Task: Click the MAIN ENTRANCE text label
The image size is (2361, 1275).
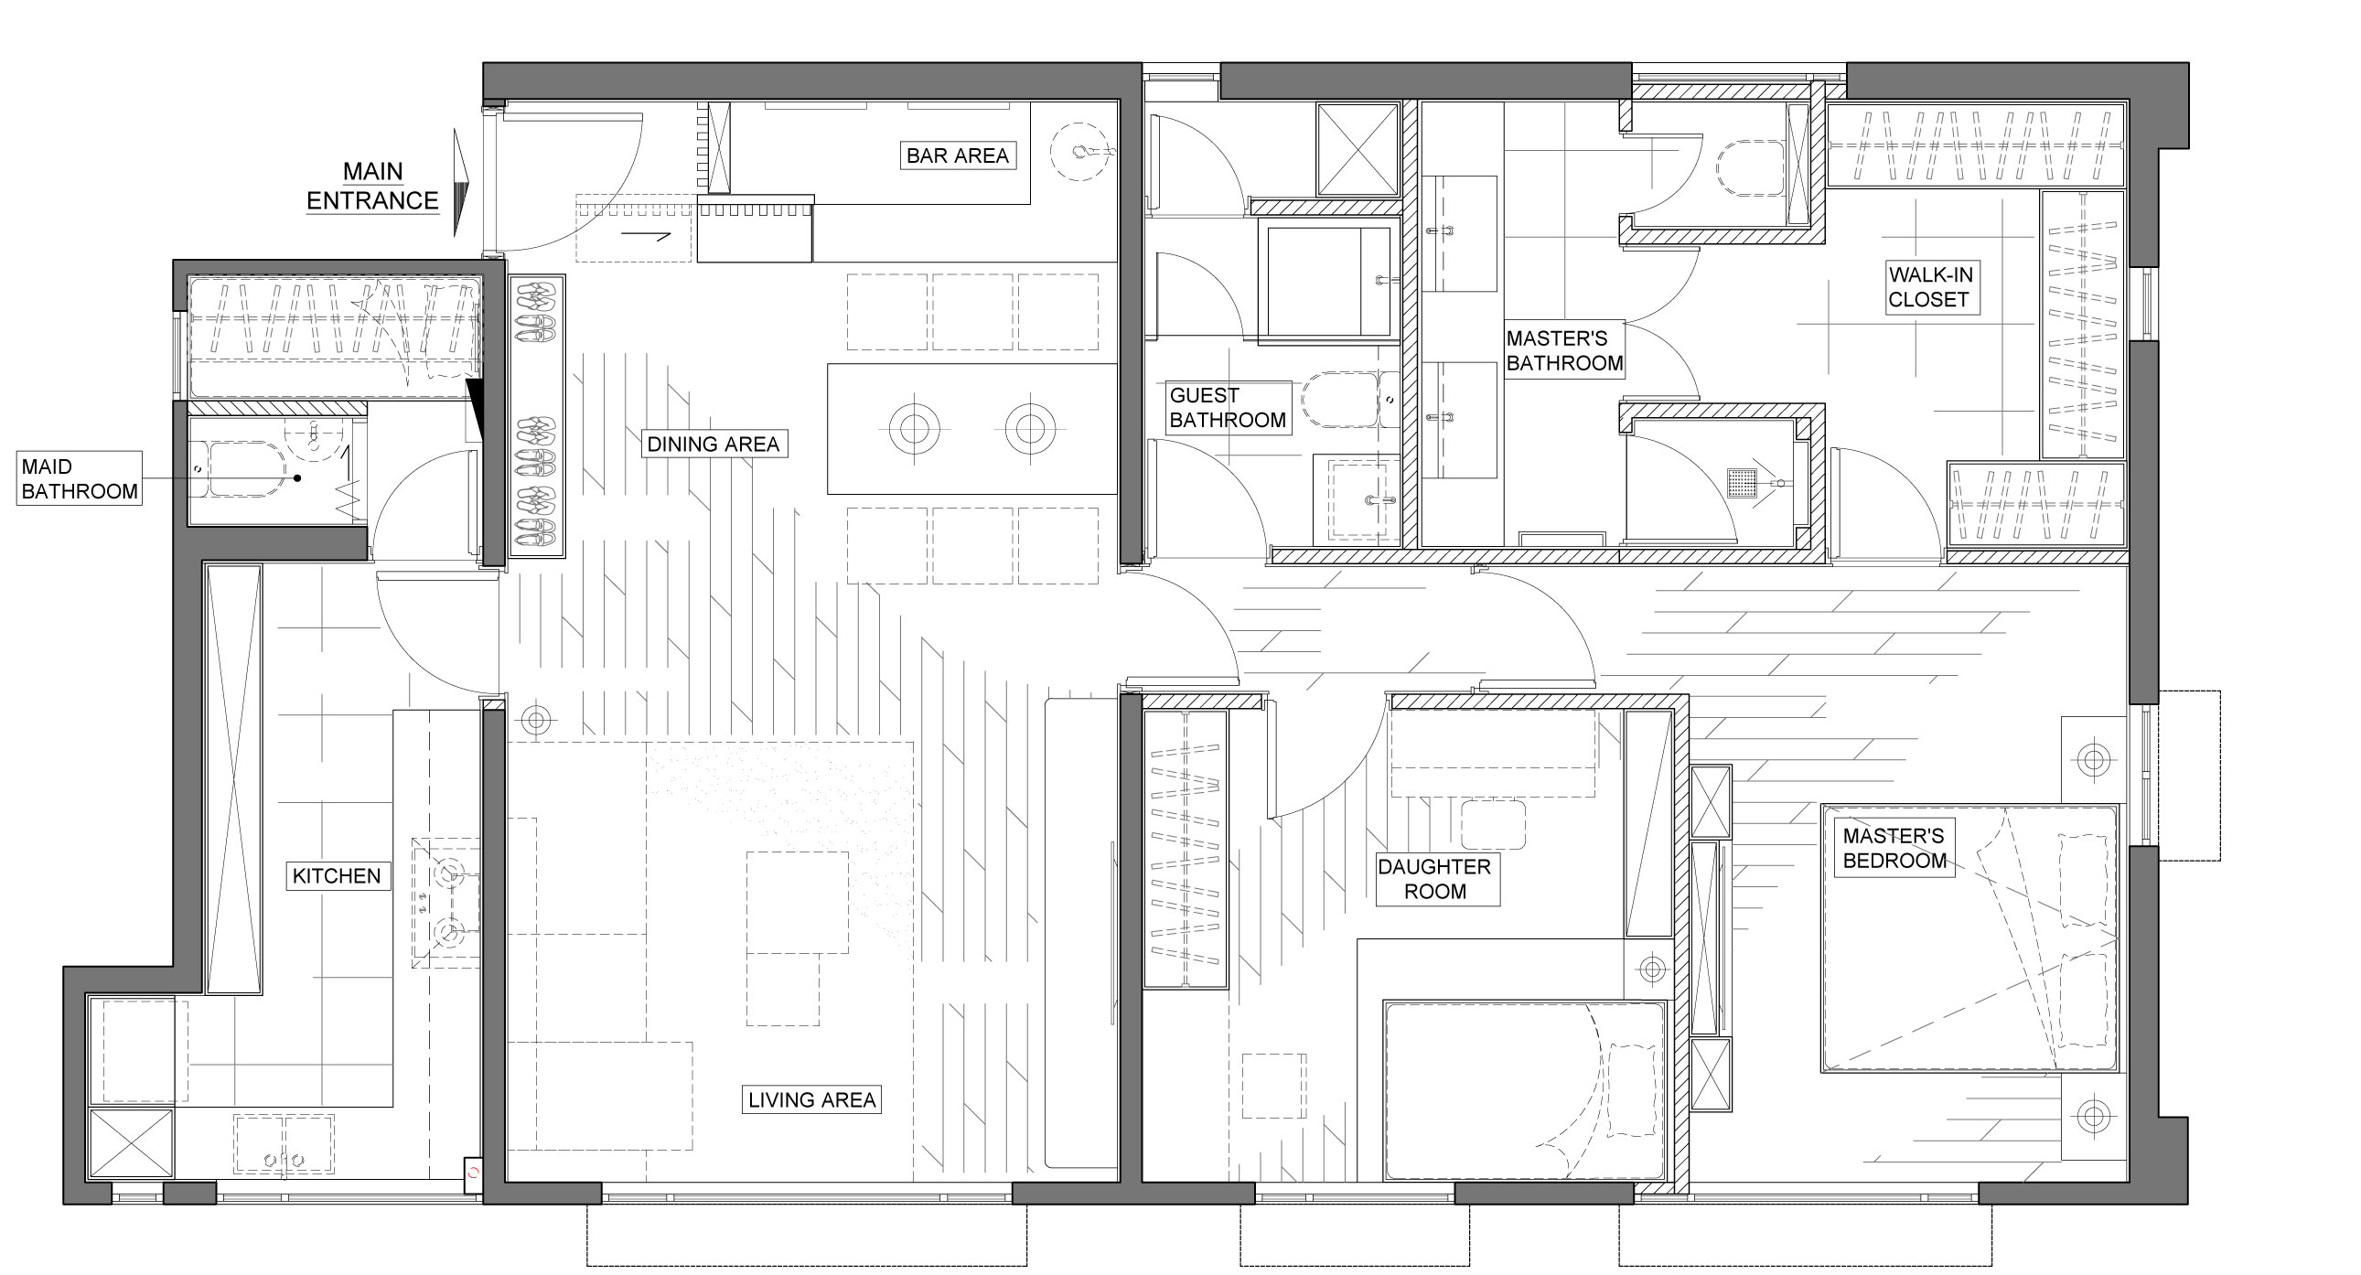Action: point(372,186)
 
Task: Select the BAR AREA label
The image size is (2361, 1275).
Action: point(957,155)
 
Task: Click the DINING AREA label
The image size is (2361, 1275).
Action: point(713,445)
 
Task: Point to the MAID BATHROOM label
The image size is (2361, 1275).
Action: point(80,478)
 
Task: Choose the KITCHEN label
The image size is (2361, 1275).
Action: point(336,875)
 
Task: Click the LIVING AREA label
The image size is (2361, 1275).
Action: point(811,1099)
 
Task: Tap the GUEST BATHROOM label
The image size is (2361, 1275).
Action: point(1228,408)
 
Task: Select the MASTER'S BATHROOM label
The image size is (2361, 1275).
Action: point(1563,351)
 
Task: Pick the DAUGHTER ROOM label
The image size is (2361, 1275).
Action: point(1434,878)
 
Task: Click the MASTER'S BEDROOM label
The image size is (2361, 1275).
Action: point(1894,848)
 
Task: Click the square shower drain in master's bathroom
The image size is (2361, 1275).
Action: point(1741,482)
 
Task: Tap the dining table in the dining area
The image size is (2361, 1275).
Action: point(971,429)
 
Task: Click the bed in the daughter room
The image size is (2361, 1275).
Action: point(1524,1091)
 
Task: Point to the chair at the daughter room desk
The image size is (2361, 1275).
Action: point(1493,823)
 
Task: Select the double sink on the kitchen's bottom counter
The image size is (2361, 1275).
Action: point(284,1143)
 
